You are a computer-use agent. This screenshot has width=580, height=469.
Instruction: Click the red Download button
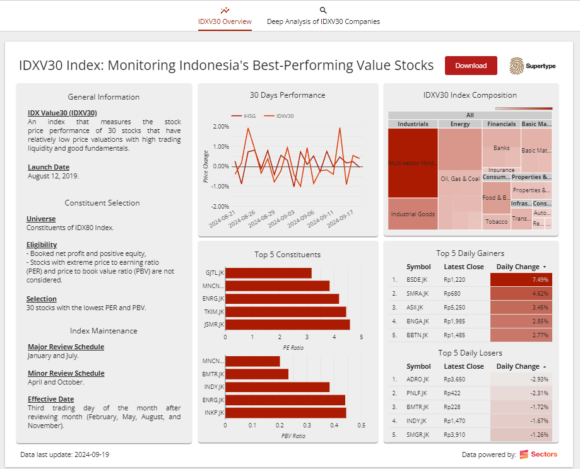(x=471, y=66)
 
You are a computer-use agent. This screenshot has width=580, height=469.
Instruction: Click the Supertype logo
(x=533, y=66)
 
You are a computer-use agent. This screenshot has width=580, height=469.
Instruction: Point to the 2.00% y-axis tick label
(x=220, y=126)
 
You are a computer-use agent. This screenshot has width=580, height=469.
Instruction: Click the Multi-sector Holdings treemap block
(x=413, y=163)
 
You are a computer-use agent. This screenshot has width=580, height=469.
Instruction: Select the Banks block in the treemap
(x=501, y=148)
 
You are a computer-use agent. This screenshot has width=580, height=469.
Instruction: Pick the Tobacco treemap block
(x=497, y=222)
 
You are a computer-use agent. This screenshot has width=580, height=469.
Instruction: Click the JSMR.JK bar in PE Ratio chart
(x=287, y=325)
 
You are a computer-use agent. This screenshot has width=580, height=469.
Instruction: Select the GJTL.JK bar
(x=268, y=273)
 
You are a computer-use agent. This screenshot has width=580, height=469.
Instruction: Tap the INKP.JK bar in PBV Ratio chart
(x=285, y=413)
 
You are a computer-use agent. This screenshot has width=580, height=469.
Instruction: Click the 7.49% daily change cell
(x=521, y=279)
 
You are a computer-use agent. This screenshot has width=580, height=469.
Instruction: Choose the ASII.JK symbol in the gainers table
(x=417, y=307)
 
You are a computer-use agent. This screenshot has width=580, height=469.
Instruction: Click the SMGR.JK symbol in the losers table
(x=418, y=435)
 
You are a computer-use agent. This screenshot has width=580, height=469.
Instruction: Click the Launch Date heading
(x=49, y=167)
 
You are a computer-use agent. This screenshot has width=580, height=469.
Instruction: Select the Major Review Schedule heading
(x=66, y=347)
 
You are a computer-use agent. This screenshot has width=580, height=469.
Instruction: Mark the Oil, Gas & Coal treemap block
(x=459, y=179)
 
